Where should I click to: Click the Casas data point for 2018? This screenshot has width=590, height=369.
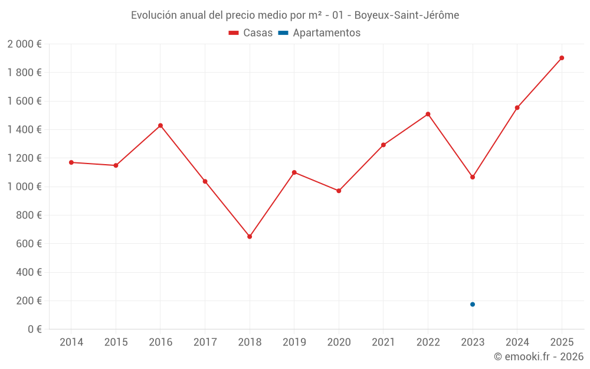[x=250, y=237]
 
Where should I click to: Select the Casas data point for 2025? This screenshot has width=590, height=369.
[x=562, y=58]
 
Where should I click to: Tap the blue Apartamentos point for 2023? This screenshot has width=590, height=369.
[x=473, y=305]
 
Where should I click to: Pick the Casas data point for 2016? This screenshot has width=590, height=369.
[x=160, y=126]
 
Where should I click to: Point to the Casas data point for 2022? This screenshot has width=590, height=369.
[x=428, y=114]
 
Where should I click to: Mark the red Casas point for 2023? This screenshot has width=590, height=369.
[x=473, y=177]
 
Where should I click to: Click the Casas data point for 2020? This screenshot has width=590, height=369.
[x=339, y=191]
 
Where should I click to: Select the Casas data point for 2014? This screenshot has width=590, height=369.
[x=71, y=162]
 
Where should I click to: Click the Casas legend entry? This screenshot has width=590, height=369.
[x=251, y=33]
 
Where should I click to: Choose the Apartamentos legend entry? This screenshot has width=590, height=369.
[x=319, y=33]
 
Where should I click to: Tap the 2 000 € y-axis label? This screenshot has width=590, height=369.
[x=25, y=44]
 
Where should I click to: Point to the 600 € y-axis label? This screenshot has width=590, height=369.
[x=29, y=244]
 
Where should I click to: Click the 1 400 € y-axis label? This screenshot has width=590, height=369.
[x=25, y=130]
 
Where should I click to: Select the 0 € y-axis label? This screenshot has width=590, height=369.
[x=34, y=329]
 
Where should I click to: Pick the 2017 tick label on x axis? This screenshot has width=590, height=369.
[x=205, y=342]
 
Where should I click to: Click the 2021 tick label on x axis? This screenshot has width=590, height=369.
[x=383, y=342]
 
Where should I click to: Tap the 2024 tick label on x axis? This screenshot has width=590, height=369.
[x=517, y=342]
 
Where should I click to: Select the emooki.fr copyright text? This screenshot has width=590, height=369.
[x=538, y=357]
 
